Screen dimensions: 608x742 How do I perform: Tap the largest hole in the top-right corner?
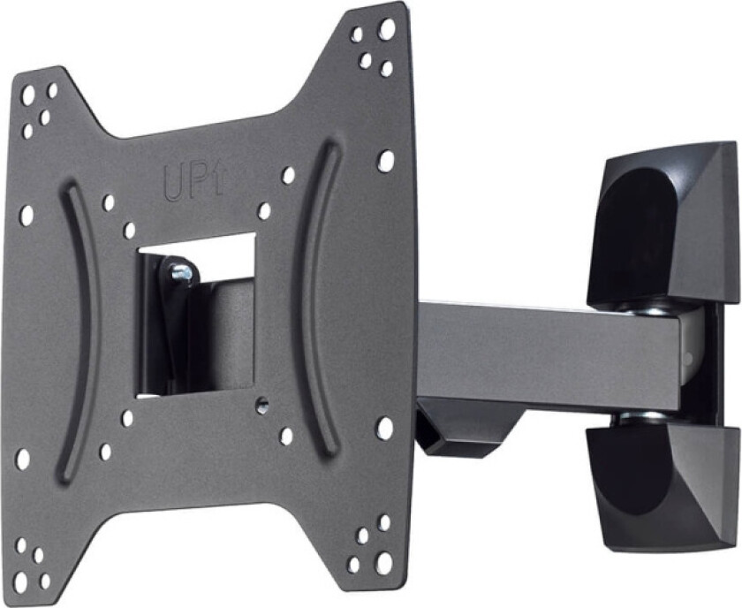(386, 29)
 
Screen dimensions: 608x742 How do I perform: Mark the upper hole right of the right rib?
(385, 161)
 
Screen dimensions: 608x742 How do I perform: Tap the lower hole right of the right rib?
(384, 428)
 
